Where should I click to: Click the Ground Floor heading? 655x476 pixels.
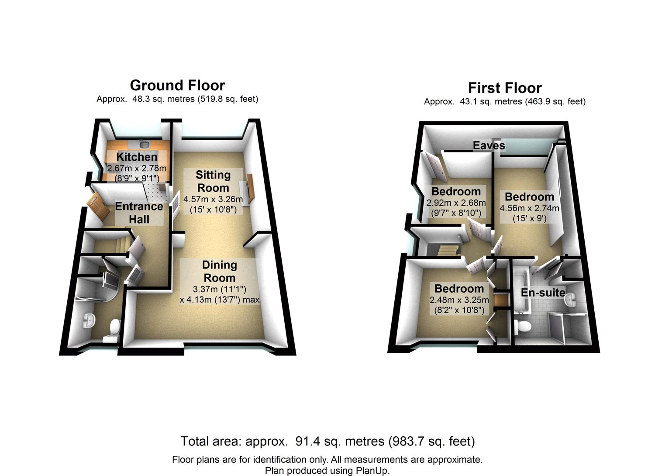tap(177, 86)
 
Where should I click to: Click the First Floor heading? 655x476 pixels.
tap(505, 88)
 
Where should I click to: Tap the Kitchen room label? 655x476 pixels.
tap(137, 157)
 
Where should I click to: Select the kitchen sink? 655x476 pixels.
tap(145, 144)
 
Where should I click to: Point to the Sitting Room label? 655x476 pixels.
tap(213, 181)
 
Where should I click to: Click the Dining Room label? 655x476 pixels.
tap(219, 271)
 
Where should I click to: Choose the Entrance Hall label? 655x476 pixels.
tap(139, 213)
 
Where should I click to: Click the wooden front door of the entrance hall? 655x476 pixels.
tap(98, 206)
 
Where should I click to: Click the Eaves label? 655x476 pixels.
tap(489, 145)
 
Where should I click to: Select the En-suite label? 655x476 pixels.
tap(543, 293)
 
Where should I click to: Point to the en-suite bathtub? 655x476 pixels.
tap(521, 291)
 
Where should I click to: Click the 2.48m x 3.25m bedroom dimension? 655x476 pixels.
tap(459, 305)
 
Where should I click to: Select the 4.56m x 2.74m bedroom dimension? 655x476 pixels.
tap(529, 213)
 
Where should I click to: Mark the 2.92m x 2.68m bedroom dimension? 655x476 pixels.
tap(456, 207)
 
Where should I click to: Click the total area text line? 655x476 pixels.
tap(327, 441)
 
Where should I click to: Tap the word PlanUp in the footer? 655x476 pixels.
tap(372, 471)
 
